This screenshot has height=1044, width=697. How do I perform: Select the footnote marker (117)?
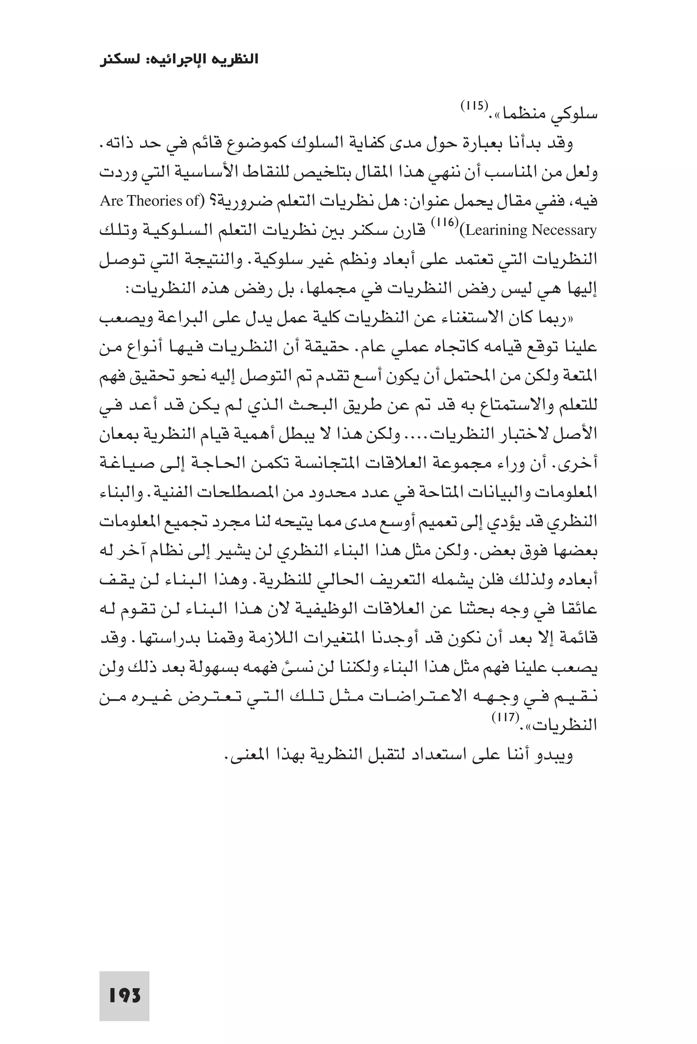tap(505, 717)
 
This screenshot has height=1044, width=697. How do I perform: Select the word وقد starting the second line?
tap(562, 144)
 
